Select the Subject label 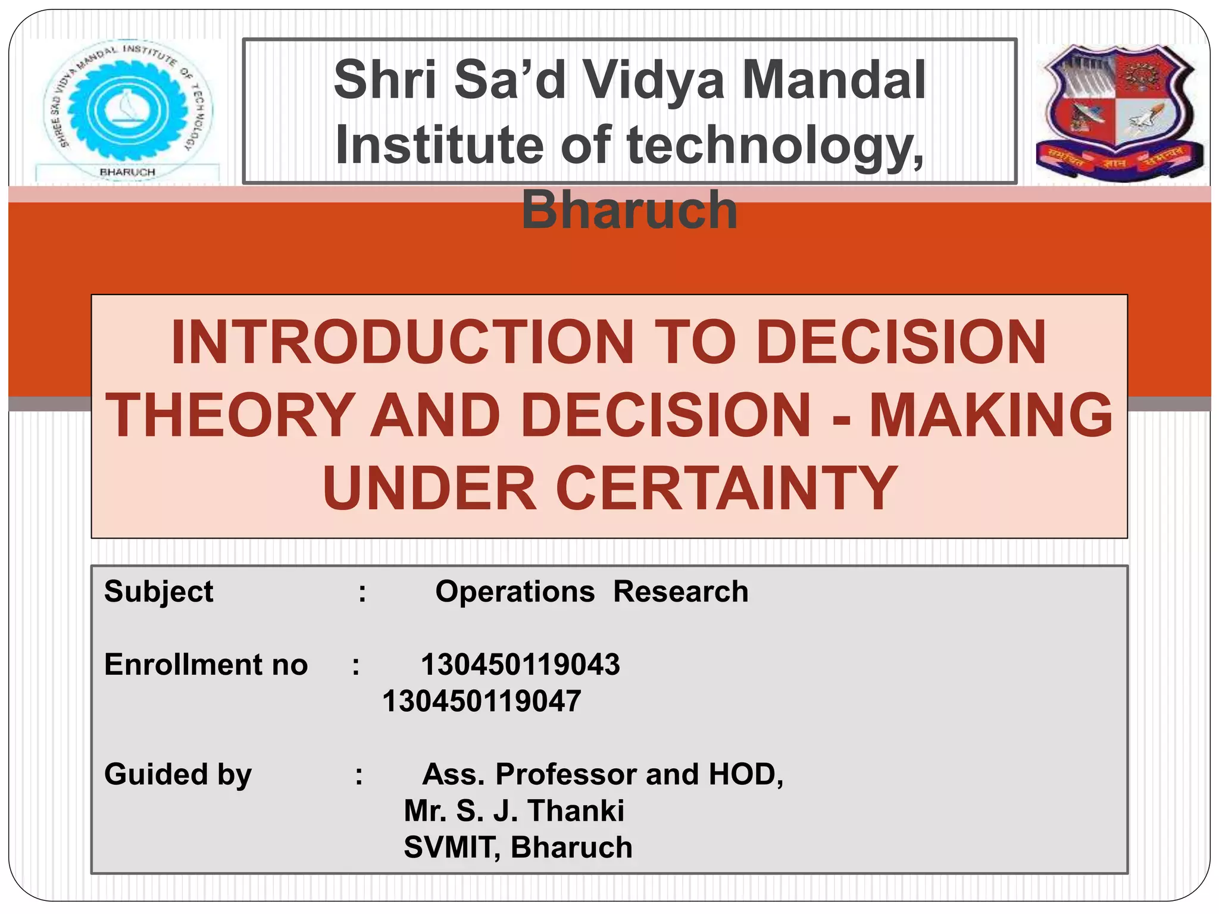click(158, 591)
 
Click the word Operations click(515, 591)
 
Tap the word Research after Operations click(681, 591)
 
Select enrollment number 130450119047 click(482, 701)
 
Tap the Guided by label click(178, 774)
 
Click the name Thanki click(576, 810)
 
